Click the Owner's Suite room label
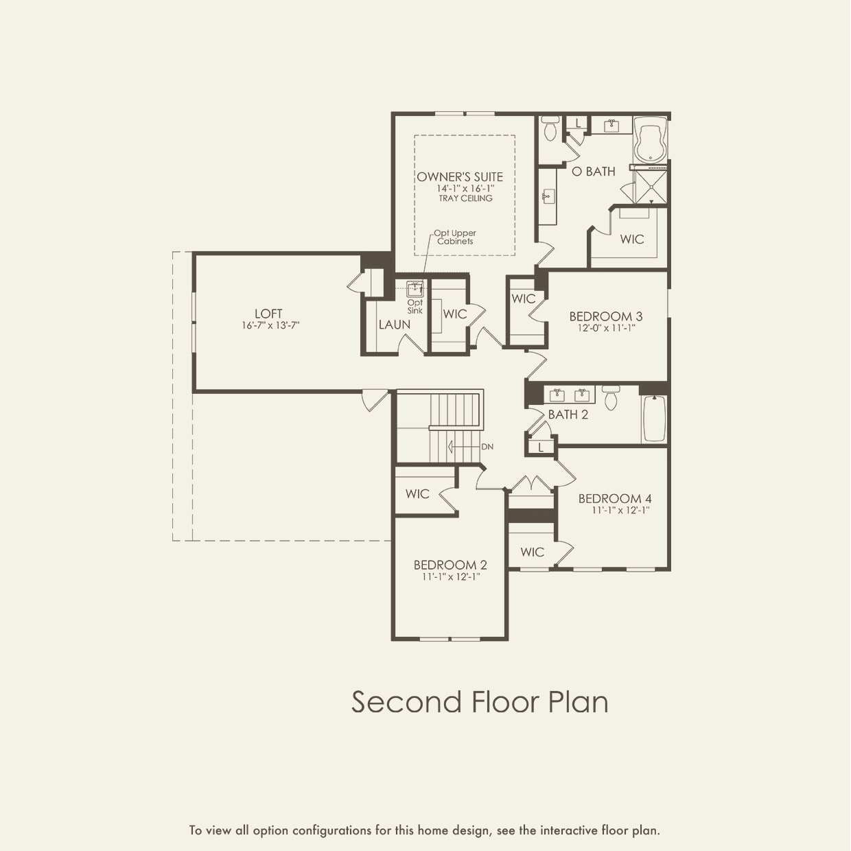click(460, 177)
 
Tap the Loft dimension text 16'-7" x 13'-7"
click(270, 325)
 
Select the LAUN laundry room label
click(395, 325)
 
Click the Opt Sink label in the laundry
click(415, 307)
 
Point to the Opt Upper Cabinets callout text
click(455, 237)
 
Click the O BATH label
click(594, 172)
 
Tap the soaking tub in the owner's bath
click(650, 139)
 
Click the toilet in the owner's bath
click(550, 128)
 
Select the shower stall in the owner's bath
click(651, 186)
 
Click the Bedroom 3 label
click(606, 316)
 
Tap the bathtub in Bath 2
click(654, 419)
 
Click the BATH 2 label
click(568, 415)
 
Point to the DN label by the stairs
click(487, 447)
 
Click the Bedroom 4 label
click(615, 498)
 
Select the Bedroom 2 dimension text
click(450, 577)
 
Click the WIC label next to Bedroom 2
click(417, 493)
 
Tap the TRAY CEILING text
click(465, 198)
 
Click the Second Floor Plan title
click(480, 702)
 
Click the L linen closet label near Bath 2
click(541, 447)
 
